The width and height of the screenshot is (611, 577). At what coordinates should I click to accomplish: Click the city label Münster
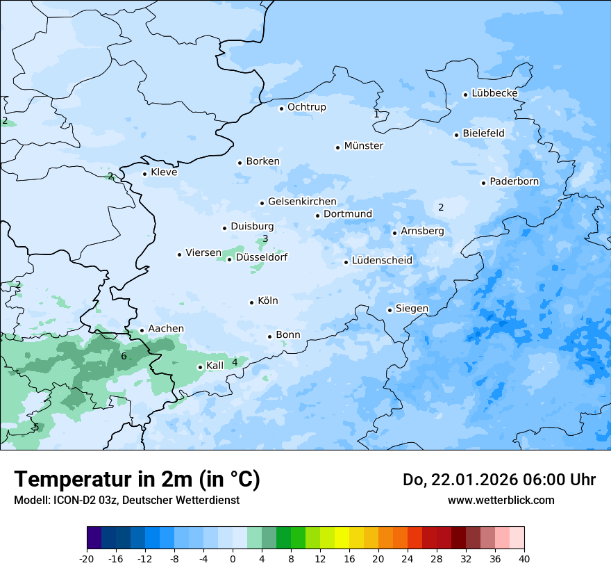coord(363,146)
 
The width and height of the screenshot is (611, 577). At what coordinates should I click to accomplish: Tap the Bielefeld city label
coord(483,133)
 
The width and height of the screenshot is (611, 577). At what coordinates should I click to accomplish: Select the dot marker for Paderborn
coord(483,183)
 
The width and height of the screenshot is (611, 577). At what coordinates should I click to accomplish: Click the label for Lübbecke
coord(494,93)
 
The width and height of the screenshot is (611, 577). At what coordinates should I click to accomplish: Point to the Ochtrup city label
coord(306,107)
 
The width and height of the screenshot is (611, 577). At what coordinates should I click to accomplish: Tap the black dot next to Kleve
coord(144,174)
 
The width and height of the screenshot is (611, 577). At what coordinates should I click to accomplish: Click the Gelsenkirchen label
coord(302,202)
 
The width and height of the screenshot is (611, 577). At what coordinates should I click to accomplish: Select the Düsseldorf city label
coord(262,257)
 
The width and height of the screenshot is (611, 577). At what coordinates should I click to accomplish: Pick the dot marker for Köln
coord(251,302)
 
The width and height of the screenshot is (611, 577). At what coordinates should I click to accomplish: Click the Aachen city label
coord(166,329)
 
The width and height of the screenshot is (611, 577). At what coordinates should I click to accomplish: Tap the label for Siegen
coord(412,309)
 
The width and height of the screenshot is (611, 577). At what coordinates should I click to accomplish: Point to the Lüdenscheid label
coord(382,261)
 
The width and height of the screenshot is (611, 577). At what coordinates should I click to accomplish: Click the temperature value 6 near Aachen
coord(124,357)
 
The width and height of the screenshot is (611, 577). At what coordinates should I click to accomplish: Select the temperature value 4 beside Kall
coord(235,362)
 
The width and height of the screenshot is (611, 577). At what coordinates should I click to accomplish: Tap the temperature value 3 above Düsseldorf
coord(265,239)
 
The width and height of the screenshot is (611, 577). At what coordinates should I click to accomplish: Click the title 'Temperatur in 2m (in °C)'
coord(137,479)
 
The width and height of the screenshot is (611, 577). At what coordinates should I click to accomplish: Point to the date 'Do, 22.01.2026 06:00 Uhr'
coord(499,480)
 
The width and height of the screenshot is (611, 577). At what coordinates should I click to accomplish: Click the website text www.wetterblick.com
coord(501,500)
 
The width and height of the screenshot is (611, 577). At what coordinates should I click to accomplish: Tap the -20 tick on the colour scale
coord(87,558)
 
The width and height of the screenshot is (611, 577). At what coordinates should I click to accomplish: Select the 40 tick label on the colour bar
coord(524,558)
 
